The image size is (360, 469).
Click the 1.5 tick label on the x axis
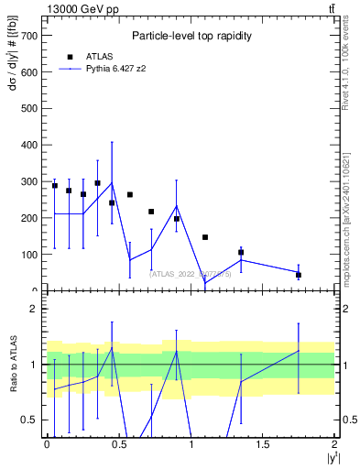(x=263, y=444)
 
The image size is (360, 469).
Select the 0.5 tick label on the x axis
(x=119, y=444)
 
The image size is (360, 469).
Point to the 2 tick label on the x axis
(x=335, y=444)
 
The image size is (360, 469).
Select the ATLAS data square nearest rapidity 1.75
(x=299, y=275)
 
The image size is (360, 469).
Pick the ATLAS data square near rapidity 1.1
(x=205, y=237)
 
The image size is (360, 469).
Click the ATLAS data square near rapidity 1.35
(x=241, y=252)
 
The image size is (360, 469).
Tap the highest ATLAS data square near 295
(x=97, y=183)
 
